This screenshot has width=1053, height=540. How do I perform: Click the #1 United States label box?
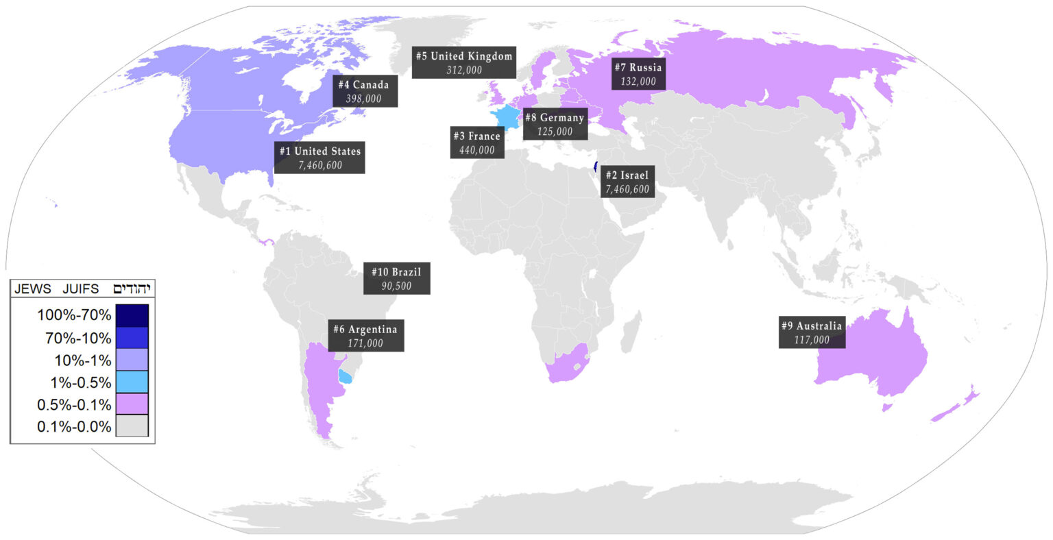[x=319, y=158]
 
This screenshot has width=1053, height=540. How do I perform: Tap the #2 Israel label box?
[x=626, y=182]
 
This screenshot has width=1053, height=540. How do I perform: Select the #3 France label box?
[x=476, y=143]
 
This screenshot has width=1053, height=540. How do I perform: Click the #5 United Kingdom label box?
[x=464, y=62]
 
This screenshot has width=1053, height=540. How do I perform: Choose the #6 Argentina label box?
[x=365, y=336]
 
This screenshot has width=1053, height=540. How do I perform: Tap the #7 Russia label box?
[x=638, y=74]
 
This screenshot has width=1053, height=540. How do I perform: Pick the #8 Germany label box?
[x=555, y=124]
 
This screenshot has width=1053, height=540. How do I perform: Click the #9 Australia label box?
[x=812, y=332]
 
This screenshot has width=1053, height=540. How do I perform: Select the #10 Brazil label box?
[x=396, y=279]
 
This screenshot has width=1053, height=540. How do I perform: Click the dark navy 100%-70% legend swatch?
[x=132, y=315]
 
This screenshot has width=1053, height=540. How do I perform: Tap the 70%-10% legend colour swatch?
[x=132, y=337]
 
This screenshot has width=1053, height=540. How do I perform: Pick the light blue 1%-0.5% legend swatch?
[x=132, y=381]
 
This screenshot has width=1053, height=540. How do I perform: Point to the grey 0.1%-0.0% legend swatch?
[x=132, y=426]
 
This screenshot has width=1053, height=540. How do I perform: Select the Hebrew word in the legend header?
[x=132, y=289]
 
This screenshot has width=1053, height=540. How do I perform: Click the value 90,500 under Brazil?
[x=396, y=286]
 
